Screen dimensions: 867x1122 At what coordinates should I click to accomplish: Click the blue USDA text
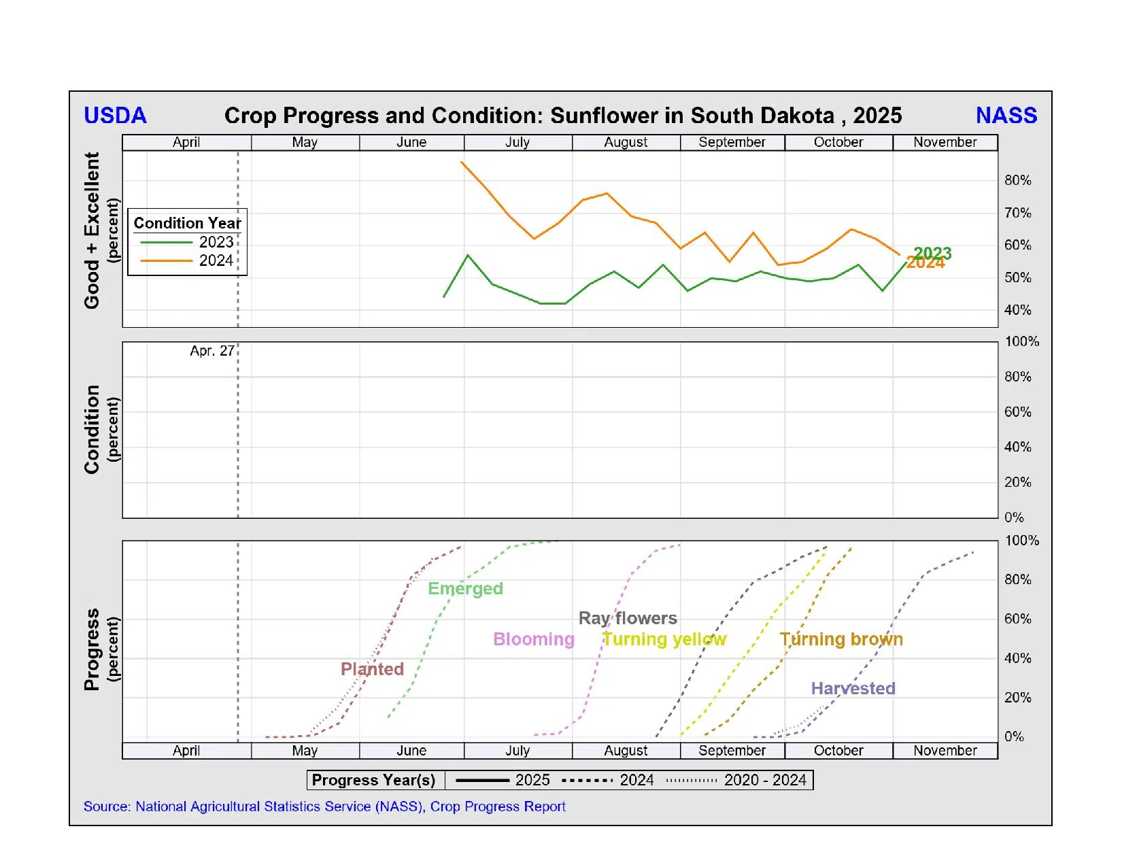click(x=115, y=116)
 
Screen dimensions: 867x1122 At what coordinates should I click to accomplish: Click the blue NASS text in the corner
click(x=1006, y=116)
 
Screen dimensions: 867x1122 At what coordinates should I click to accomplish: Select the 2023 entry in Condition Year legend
click(x=216, y=242)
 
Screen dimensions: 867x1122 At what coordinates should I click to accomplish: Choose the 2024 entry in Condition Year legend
click(x=216, y=260)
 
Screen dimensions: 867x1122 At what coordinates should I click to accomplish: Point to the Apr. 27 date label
click(x=211, y=351)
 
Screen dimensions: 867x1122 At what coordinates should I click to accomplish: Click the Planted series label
click(x=372, y=669)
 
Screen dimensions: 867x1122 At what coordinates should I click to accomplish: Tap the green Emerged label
click(x=465, y=589)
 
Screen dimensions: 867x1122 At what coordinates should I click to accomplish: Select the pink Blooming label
click(x=534, y=639)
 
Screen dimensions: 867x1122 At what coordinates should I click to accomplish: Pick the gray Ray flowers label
click(x=628, y=618)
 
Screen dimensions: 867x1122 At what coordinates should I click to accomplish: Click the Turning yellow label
click(x=664, y=639)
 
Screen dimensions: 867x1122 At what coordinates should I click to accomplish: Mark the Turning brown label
click(x=841, y=639)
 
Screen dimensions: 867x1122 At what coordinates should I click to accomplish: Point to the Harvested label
click(x=853, y=688)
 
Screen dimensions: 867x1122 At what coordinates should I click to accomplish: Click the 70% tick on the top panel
click(x=1017, y=213)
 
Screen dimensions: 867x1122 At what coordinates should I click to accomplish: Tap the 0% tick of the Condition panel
click(x=1013, y=517)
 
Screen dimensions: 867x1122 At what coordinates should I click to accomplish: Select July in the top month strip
click(x=517, y=142)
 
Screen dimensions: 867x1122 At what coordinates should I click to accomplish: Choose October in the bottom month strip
click(x=838, y=751)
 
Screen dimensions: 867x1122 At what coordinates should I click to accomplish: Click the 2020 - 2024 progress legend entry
click(x=765, y=780)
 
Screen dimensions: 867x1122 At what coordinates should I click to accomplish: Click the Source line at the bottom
click(x=324, y=806)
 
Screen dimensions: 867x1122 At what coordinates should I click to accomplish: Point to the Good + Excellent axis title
click(x=92, y=231)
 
